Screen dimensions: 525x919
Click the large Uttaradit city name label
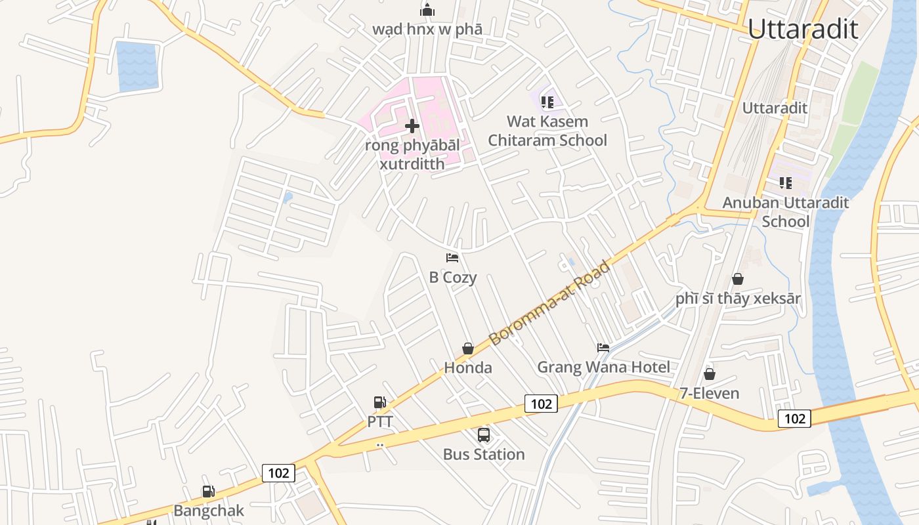point(802,29)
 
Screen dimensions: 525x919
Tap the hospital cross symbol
point(412,125)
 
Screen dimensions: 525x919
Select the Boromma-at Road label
point(550,303)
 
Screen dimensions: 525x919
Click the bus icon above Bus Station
point(484,434)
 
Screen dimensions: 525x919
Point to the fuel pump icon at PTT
point(379,402)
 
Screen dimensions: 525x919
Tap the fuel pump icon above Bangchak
point(208,492)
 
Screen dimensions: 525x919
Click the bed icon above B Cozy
point(452,258)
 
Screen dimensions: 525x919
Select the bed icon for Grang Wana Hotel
point(603,347)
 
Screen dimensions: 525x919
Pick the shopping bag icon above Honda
point(468,348)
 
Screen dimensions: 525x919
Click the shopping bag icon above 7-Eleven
point(709,374)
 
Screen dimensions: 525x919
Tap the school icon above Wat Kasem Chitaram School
point(547,102)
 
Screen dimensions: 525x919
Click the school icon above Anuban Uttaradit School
point(786,183)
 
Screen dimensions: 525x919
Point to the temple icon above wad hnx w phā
point(427,10)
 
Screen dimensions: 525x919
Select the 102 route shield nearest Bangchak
point(278,472)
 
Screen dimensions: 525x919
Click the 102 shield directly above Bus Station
point(541,404)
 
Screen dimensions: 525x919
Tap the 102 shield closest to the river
point(794,418)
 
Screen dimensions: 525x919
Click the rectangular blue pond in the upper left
point(137,66)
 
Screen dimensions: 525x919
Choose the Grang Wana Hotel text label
point(603,367)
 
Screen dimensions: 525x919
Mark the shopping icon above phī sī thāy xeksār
point(738,279)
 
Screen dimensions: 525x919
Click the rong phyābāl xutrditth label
point(412,154)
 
